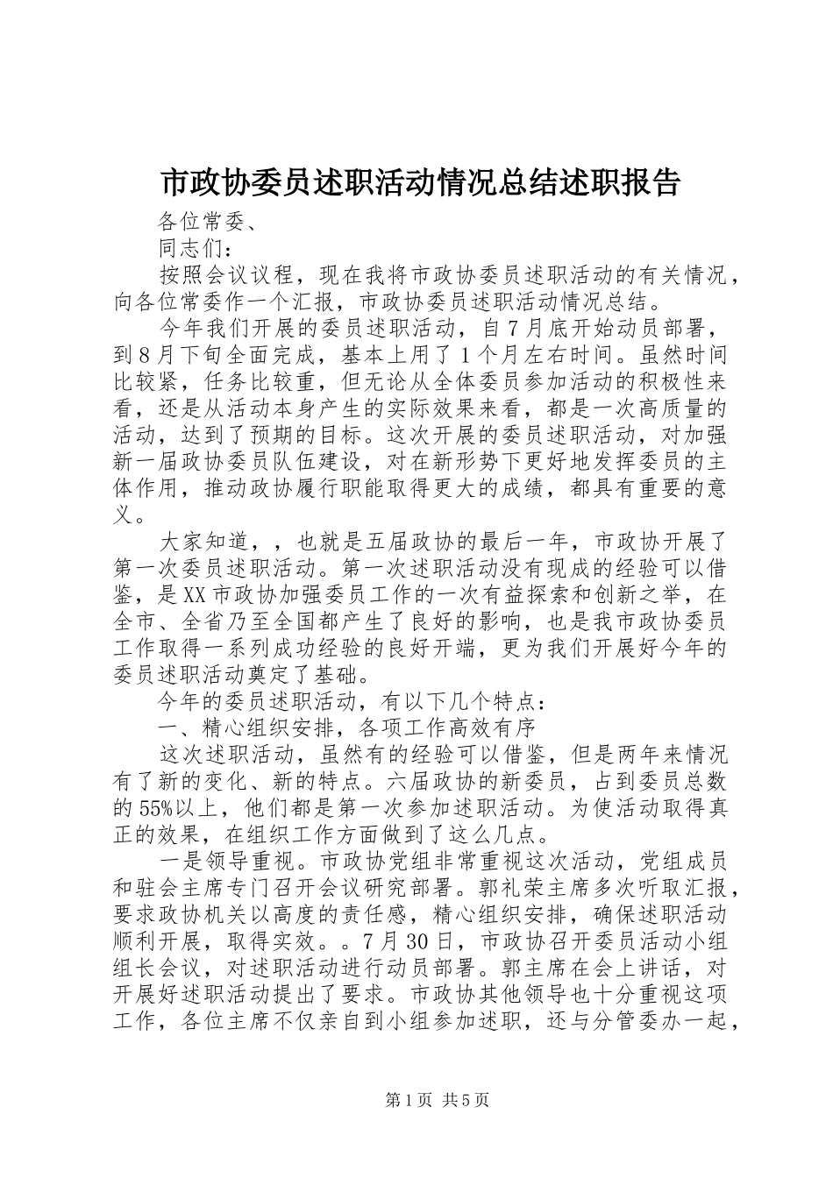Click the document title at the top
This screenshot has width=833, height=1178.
click(x=416, y=182)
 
